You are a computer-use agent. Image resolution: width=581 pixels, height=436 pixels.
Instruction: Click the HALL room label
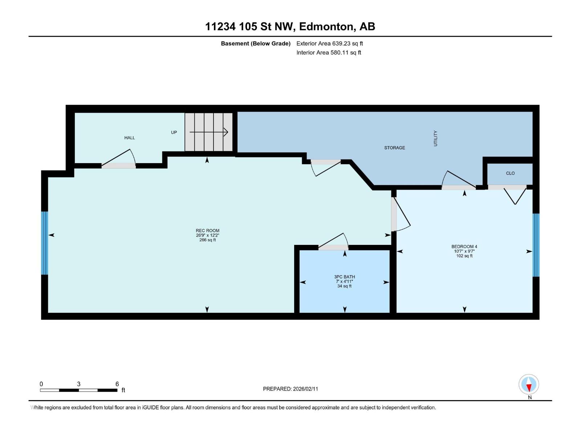tap(130, 138)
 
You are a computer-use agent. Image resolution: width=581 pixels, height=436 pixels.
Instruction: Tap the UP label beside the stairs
tap(174, 133)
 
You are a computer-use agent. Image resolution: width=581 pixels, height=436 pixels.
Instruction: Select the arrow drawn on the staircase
tap(209, 132)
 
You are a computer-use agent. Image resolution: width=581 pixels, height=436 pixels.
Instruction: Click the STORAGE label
tap(395, 148)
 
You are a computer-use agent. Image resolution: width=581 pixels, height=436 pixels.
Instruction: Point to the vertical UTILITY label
tap(435, 138)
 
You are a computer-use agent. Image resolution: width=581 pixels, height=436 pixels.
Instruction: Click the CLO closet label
tap(510, 173)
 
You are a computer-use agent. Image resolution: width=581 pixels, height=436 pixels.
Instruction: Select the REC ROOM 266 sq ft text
tap(207, 235)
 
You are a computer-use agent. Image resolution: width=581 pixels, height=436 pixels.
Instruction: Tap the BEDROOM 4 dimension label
tap(464, 251)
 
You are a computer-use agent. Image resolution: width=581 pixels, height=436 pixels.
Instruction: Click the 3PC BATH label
tap(344, 281)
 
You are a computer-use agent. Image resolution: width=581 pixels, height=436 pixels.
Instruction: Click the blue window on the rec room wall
tap(44, 243)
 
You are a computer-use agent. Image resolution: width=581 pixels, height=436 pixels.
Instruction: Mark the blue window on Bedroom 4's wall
tap(536, 245)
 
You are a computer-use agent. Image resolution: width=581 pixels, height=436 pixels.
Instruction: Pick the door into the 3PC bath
tap(333, 247)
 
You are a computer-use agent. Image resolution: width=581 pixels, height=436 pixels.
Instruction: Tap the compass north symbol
tap(529, 384)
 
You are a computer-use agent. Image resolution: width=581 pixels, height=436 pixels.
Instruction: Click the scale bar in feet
tap(78, 390)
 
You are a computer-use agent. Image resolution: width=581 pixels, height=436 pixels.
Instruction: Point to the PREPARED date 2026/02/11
tap(290, 389)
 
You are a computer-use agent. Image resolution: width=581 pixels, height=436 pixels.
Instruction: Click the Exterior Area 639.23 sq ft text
tap(329, 44)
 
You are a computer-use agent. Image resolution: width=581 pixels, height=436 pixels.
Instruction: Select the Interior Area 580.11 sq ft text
tap(328, 53)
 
